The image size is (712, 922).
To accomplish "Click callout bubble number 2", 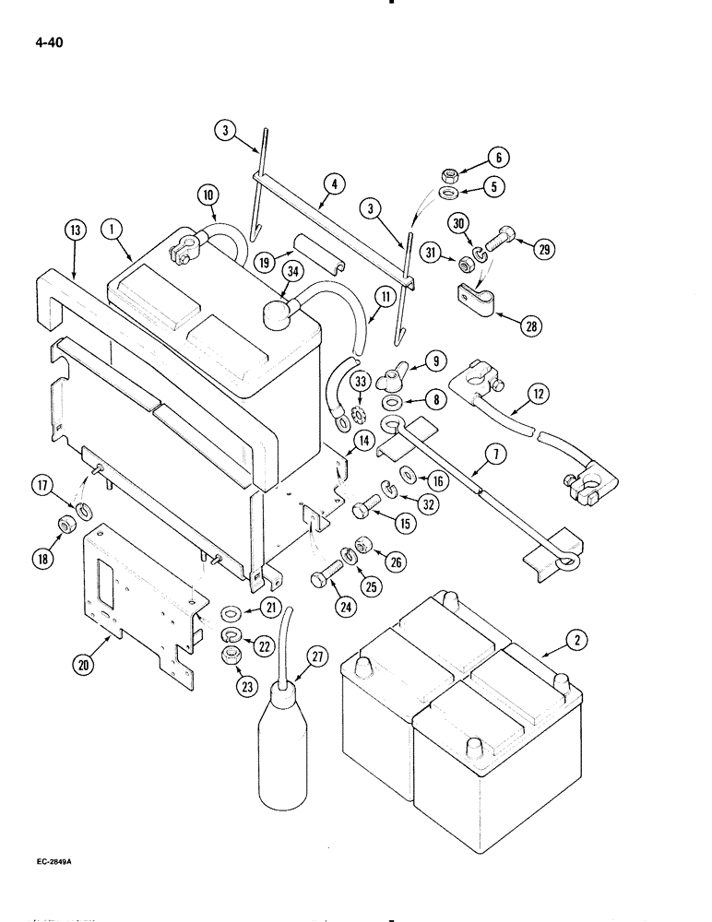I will [x=577, y=638].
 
